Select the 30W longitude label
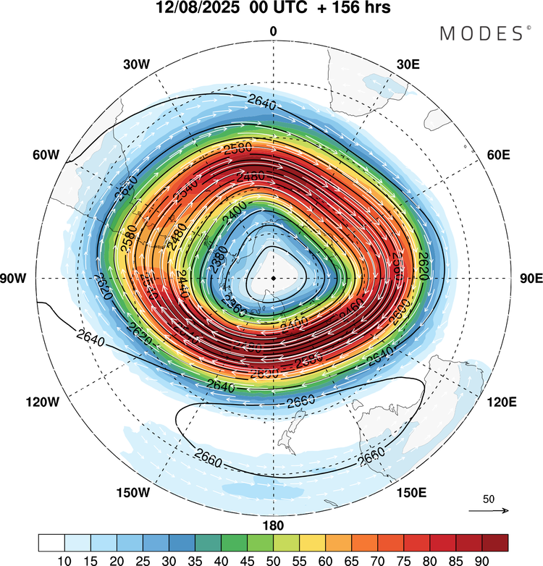click(x=136, y=64)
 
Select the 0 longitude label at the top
click(x=274, y=31)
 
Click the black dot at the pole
click(x=273, y=278)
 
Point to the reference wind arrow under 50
click(x=489, y=511)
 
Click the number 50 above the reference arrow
click(x=489, y=499)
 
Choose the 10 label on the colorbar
click(x=65, y=559)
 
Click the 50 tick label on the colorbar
click(x=274, y=559)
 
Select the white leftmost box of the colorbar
click(x=52, y=542)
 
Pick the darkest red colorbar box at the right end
click(x=495, y=542)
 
